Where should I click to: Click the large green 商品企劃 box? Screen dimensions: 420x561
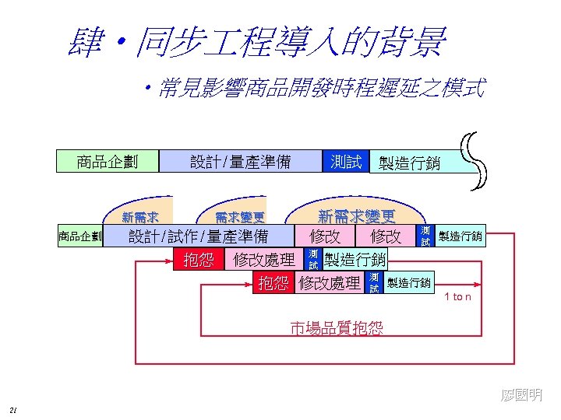coord(108,162)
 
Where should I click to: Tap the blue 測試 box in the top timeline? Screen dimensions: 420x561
coord(345,162)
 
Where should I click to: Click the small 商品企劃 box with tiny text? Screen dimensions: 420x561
coord(79,236)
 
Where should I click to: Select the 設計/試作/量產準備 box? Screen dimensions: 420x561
coord(198,236)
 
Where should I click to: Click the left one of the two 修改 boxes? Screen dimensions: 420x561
coord(325,236)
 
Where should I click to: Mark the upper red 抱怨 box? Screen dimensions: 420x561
coord(198,260)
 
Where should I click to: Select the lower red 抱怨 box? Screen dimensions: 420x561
coord(273,283)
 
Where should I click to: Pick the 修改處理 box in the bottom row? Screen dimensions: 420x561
coord(329,283)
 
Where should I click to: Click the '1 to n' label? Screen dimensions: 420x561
coord(457,297)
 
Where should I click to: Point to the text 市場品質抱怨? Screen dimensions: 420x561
coord(337,328)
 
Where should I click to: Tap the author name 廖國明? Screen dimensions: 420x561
coord(522,396)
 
